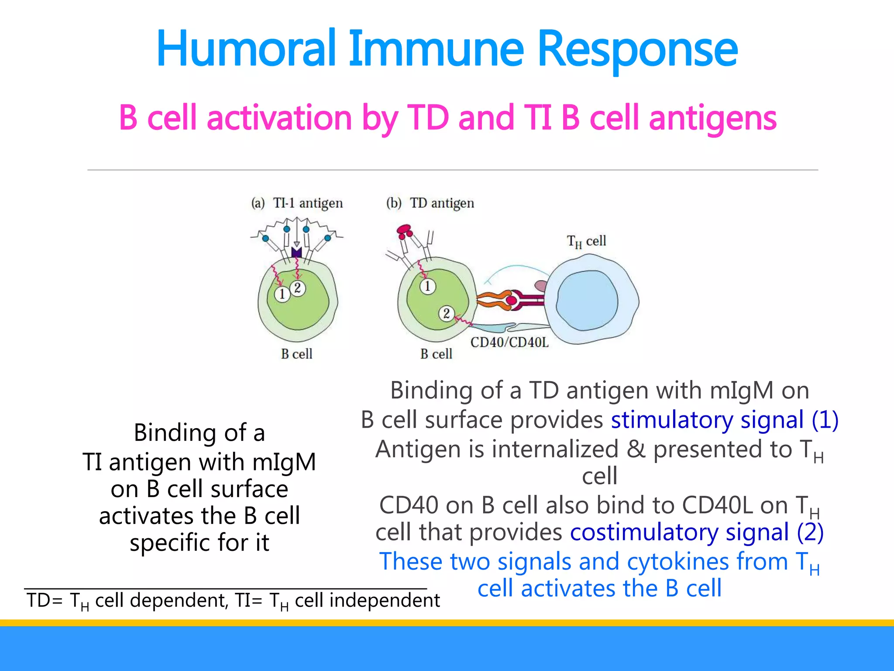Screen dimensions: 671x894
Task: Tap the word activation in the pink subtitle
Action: (x=279, y=118)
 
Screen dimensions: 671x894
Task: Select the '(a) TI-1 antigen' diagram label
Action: (x=297, y=203)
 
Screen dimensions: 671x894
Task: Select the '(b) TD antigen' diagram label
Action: (x=430, y=203)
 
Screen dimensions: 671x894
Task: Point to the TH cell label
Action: (x=586, y=241)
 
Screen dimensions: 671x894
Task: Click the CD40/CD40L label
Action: (x=509, y=342)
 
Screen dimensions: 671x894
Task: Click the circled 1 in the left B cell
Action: (x=282, y=294)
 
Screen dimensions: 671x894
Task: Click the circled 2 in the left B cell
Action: (x=298, y=288)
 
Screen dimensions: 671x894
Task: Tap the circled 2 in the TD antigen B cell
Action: (x=446, y=313)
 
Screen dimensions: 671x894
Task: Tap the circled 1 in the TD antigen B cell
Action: (x=427, y=286)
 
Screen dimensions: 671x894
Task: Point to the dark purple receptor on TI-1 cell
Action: (x=296, y=252)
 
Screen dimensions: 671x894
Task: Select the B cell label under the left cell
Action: (x=296, y=354)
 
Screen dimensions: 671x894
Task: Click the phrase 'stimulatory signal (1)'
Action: (x=725, y=420)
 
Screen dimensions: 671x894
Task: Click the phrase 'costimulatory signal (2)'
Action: (x=697, y=533)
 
